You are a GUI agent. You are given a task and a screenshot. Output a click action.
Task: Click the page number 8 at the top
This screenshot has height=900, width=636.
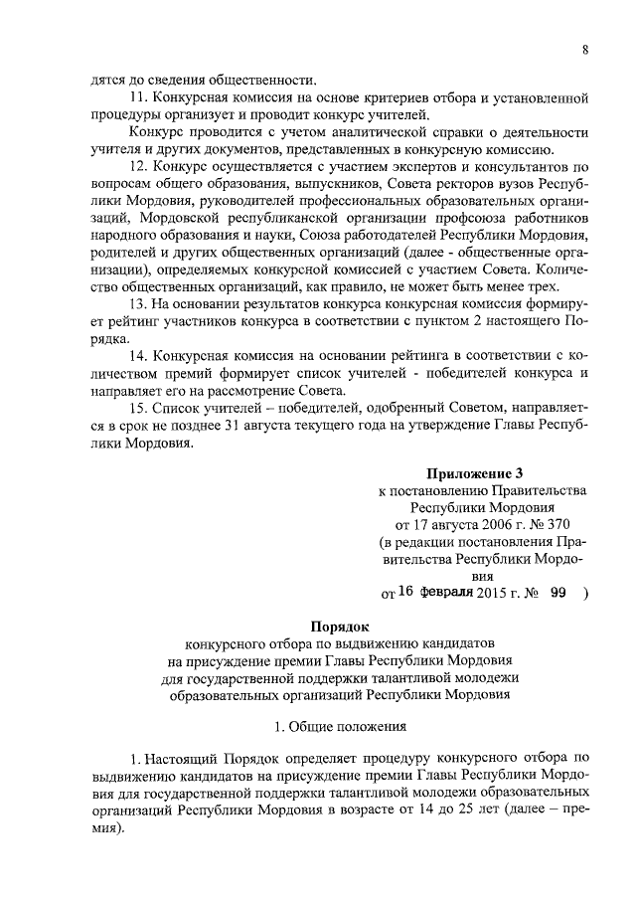point(585,52)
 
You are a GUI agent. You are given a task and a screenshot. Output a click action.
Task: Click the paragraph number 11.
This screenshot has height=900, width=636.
point(138,97)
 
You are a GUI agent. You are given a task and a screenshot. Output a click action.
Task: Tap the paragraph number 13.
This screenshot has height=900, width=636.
point(138,302)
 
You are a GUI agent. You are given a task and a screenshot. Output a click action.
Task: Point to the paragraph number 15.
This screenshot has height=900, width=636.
point(138,406)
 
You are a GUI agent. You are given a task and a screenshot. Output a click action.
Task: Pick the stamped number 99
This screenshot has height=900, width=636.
point(557,593)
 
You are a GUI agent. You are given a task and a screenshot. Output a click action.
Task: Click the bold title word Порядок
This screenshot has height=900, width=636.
point(340,628)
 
